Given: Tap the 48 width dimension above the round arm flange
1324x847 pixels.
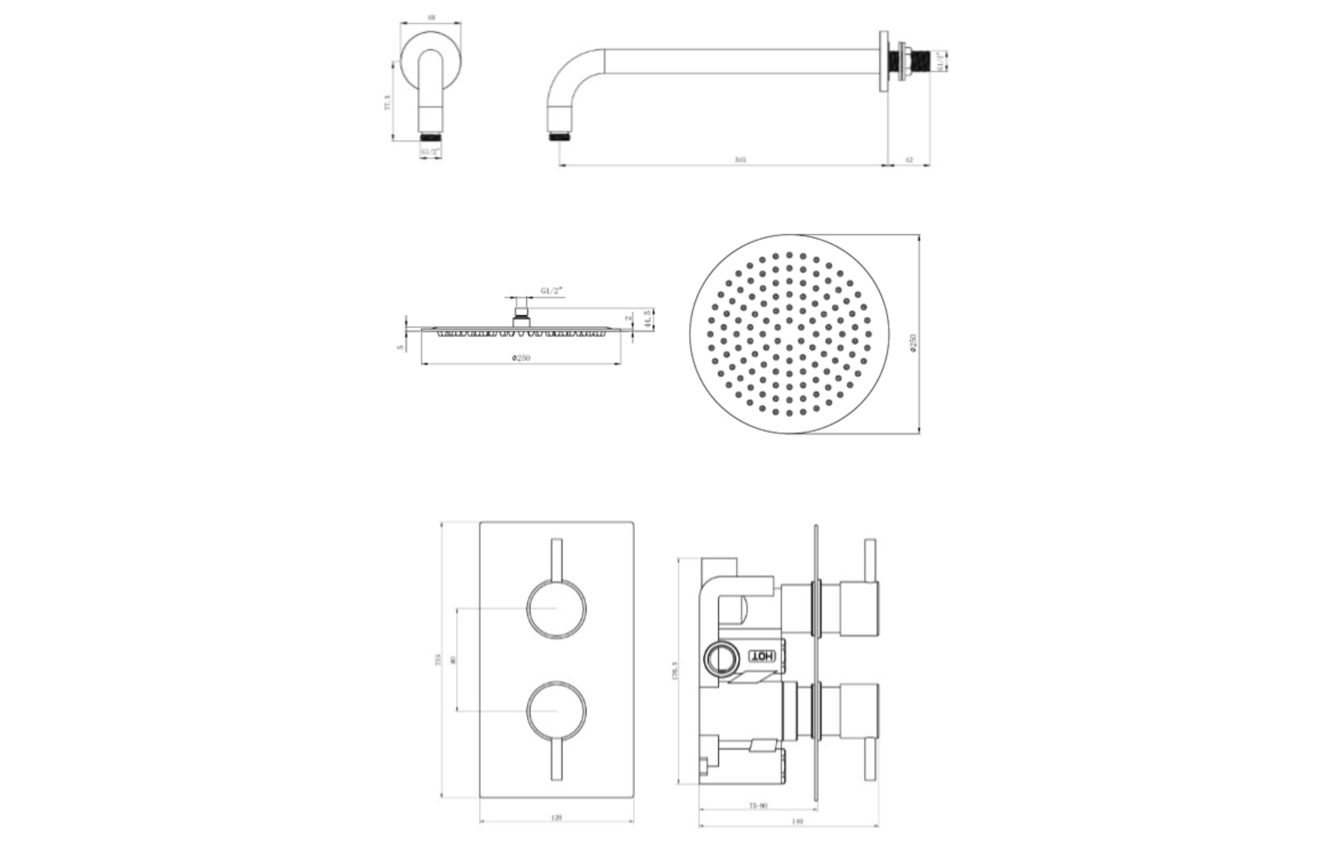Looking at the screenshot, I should (x=431, y=18).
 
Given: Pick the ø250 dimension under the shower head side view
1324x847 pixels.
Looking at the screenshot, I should (x=521, y=358).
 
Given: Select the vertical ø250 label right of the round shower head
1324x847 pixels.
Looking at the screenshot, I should (x=913, y=342).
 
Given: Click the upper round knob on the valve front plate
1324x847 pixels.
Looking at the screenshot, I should (x=556, y=609).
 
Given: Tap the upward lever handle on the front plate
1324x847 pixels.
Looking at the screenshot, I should (x=556, y=558).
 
